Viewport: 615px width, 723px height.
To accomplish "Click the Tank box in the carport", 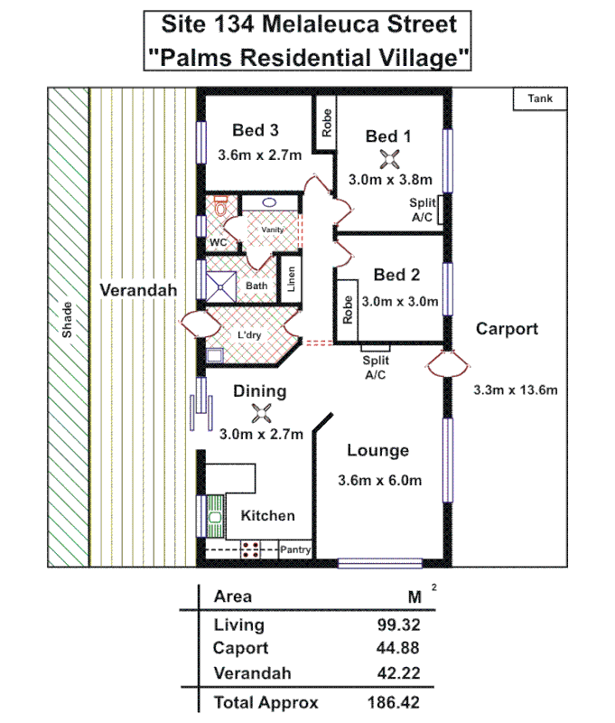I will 540,99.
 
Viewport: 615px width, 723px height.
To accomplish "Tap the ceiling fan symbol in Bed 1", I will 389,159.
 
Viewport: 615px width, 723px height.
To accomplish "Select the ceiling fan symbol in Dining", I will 261,414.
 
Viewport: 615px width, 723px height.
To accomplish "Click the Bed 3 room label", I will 254,128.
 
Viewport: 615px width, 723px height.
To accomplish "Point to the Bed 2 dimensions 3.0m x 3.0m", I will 399,301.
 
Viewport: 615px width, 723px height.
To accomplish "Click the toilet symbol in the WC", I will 217,209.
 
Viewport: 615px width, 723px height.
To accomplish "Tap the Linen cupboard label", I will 292,278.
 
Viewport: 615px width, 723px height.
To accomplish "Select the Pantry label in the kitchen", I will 295,549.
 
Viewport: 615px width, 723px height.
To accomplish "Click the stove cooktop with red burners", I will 251,549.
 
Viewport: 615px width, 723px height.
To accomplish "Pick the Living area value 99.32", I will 398,624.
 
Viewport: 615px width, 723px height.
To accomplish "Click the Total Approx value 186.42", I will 394,702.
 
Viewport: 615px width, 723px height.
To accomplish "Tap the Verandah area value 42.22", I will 398,673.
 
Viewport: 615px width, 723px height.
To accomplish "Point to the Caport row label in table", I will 240,649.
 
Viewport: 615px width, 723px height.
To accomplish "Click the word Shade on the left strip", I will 67,320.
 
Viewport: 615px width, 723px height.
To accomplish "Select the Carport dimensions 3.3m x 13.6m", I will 515,390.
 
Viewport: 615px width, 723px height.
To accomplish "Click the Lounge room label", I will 378,451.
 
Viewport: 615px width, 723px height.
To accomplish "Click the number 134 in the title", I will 238,24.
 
